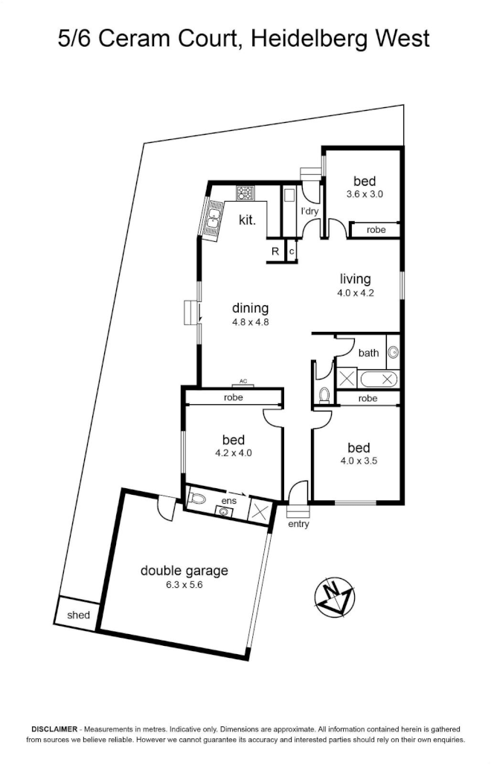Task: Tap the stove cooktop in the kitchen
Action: point(245,193)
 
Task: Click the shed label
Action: point(79,615)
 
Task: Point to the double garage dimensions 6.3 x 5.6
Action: point(184,584)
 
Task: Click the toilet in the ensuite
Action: point(198,499)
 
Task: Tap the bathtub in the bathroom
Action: point(377,379)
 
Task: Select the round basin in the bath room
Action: point(393,352)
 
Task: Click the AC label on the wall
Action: point(244,381)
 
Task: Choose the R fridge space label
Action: point(275,252)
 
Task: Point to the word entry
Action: point(298,524)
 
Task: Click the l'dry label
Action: point(309,211)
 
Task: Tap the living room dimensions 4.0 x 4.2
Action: point(356,293)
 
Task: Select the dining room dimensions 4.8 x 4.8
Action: point(251,322)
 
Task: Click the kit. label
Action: point(247,220)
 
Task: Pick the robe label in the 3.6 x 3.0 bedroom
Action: point(376,229)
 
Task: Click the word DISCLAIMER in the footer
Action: point(54,729)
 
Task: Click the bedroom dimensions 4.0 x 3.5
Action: point(359,461)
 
